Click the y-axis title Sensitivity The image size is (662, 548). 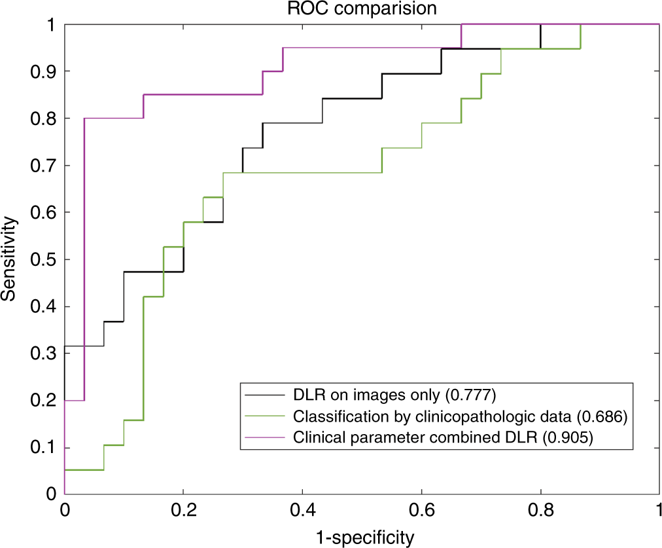pos(9,259)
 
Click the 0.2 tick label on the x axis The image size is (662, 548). pos(183,510)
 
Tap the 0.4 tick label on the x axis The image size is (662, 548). pos(302,510)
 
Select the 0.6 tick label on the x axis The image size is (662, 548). pos(421,510)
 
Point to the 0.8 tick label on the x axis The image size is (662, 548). pos(540,510)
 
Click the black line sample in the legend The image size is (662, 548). pos(265,395)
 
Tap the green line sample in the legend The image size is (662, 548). pos(265,416)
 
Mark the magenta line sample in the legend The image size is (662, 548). pos(265,438)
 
